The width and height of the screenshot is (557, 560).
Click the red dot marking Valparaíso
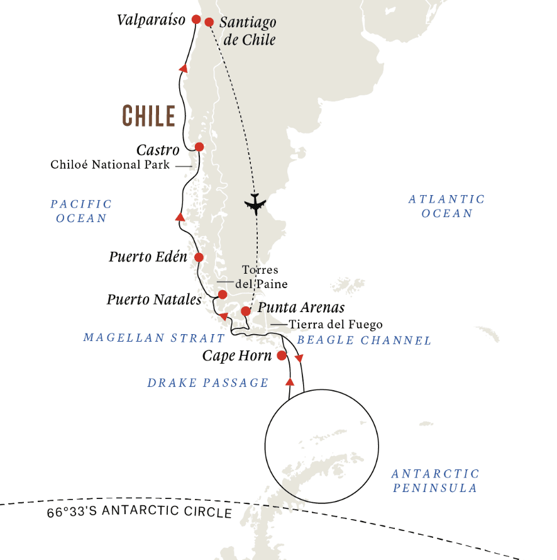tap(196, 20)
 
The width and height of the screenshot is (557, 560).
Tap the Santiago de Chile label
tap(248, 31)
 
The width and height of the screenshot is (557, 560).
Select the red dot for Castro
tap(199, 147)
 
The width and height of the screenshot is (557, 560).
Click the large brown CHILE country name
tap(148, 116)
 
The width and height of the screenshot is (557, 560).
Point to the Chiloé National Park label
tap(111, 165)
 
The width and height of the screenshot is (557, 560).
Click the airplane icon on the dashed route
tap(255, 204)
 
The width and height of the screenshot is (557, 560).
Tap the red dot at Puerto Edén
tap(199, 257)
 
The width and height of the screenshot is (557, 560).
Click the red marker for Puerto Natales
tap(222, 294)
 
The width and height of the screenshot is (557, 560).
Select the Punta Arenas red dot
tap(246, 311)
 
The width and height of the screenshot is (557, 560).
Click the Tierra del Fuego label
tap(336, 325)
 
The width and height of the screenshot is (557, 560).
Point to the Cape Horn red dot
tap(282, 356)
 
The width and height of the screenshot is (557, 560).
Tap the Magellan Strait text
tap(154, 338)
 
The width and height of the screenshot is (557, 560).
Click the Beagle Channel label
tap(364, 340)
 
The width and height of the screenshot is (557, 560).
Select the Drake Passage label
tap(208, 383)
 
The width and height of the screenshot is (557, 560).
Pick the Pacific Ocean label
tap(81, 211)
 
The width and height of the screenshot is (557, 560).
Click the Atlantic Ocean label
tap(446, 206)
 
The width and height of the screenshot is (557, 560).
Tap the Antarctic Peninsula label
tap(435, 481)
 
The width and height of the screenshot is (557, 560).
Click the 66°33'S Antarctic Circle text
tap(140, 512)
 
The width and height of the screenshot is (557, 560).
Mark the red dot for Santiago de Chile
tap(209, 23)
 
